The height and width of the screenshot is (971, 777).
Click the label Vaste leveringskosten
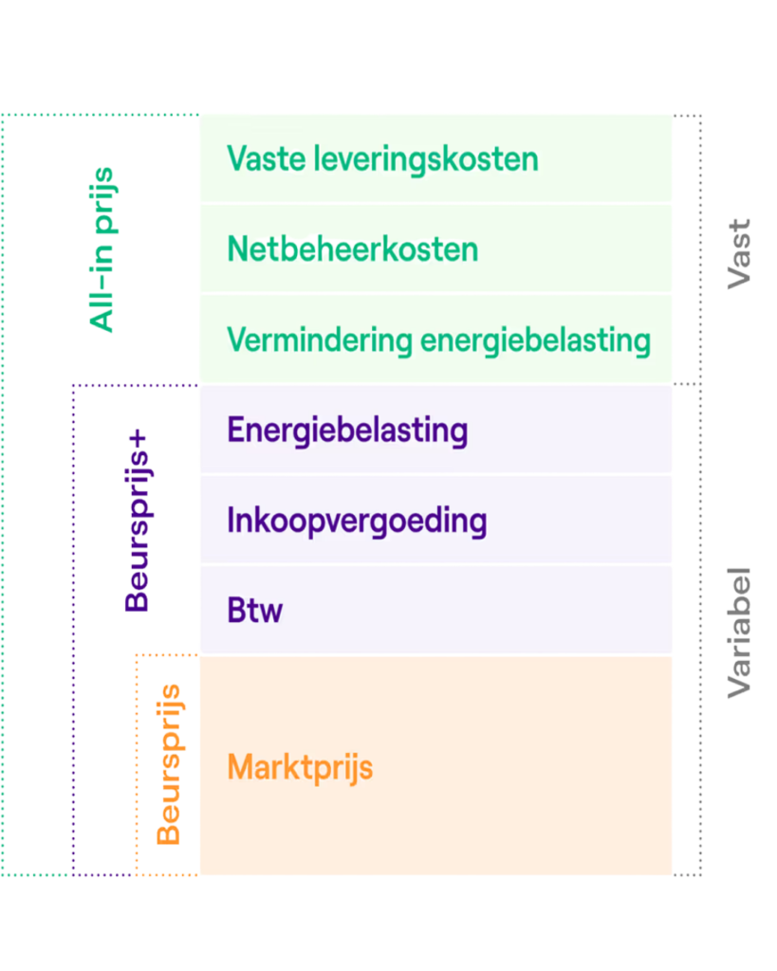(382, 158)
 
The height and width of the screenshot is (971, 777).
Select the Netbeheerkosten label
(352, 249)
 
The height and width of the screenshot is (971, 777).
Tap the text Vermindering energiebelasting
(438, 339)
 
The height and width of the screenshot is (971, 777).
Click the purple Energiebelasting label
(347, 431)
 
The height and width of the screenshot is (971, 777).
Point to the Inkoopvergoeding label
(357, 521)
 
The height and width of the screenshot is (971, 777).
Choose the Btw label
(254, 610)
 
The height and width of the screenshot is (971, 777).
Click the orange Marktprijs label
(300, 767)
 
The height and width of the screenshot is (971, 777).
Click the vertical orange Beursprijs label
(168, 764)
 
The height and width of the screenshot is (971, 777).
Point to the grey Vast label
(738, 253)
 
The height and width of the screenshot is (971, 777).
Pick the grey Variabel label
(738, 633)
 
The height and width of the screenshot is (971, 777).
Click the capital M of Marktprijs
(240, 767)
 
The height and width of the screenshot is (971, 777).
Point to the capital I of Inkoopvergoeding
(231, 521)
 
